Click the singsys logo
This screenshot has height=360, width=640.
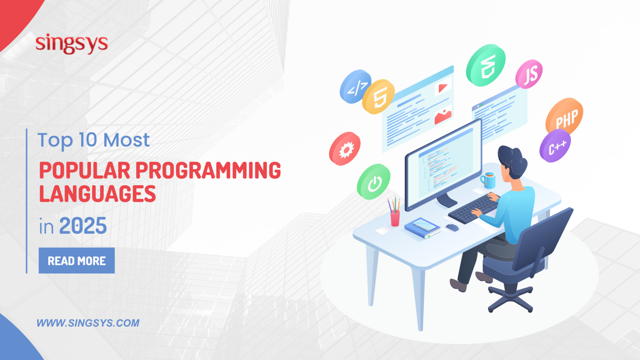(x=71, y=44)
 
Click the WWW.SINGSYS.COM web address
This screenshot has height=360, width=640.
(x=88, y=323)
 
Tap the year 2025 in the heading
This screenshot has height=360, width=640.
(x=83, y=226)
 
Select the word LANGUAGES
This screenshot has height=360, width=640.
(x=97, y=194)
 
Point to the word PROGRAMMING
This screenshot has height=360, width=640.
(x=208, y=171)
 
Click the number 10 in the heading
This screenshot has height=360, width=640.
(x=88, y=140)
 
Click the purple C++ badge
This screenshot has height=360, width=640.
(x=555, y=146)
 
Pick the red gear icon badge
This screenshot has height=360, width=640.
(x=345, y=149)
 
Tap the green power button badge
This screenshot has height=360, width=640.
(x=374, y=182)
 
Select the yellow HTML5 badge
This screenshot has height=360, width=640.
(x=378, y=97)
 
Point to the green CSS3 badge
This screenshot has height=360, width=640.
(x=486, y=65)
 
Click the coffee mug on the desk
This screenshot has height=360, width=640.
(x=489, y=180)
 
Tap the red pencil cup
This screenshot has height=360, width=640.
(x=395, y=218)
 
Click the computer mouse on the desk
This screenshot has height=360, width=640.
(x=452, y=227)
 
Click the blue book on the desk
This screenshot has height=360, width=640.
(x=422, y=228)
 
